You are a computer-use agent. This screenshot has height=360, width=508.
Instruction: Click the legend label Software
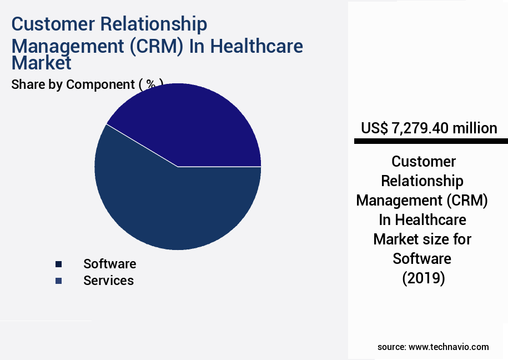click(109, 264)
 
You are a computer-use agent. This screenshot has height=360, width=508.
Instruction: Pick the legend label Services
click(108, 281)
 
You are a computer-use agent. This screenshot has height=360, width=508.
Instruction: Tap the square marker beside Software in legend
click(59, 264)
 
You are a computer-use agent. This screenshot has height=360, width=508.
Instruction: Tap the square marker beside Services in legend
click(59, 281)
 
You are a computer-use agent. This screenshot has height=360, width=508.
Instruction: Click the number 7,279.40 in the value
click(419, 128)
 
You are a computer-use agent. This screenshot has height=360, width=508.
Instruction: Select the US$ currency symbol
click(375, 128)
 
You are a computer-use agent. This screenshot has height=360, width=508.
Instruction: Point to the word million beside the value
click(474, 128)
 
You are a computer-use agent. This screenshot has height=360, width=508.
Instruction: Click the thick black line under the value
click(427, 142)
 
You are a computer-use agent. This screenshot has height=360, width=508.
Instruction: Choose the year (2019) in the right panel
click(424, 278)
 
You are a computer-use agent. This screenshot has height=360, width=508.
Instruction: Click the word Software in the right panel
click(422, 258)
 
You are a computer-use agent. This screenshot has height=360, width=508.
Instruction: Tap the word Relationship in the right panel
click(422, 181)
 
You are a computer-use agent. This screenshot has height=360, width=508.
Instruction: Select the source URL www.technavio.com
click(449, 347)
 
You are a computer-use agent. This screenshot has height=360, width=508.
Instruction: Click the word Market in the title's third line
click(42, 63)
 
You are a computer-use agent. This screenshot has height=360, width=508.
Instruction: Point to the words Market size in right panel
click(422, 239)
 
